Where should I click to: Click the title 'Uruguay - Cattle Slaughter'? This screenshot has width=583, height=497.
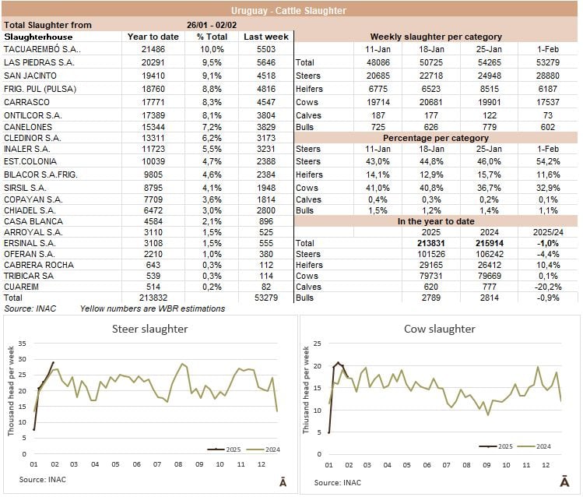[x=291, y=11]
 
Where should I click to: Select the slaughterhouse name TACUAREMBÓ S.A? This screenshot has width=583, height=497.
[x=37, y=48]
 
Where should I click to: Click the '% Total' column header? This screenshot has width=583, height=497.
[x=211, y=37]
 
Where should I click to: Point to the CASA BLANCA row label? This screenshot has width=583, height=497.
[x=28, y=221]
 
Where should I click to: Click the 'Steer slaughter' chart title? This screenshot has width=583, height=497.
[x=149, y=329]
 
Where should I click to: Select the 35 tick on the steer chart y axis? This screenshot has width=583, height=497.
[x=23, y=344]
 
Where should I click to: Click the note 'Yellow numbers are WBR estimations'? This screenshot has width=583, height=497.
[x=153, y=308]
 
